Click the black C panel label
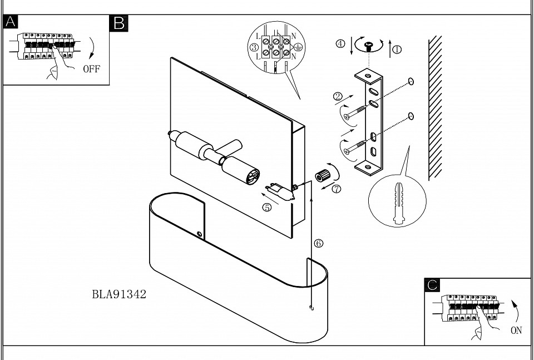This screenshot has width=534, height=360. pos(432,285)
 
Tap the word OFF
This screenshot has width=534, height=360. pos(92,70)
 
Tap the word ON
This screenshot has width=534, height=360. pos(516,331)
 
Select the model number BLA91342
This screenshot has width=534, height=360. pos(119,294)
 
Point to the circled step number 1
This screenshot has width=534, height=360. pos(397,49)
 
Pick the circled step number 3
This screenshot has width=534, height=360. pos(254,48)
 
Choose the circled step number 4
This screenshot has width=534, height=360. pos(340,43)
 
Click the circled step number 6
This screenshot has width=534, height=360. pos(318,243)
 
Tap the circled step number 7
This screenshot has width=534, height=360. pos(336,189)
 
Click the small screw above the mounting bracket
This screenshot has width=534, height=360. pos(368,46)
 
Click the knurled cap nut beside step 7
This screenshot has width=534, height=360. pos(321,176)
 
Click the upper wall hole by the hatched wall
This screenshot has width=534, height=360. pos(411,82)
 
